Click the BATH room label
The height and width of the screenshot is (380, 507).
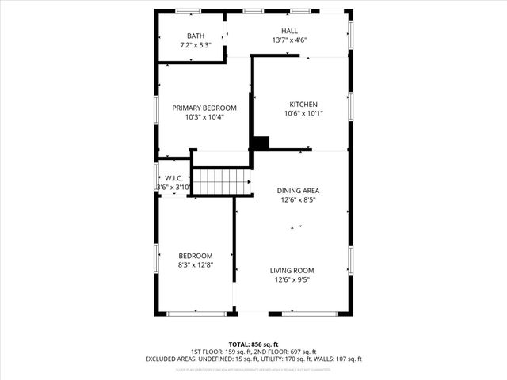[195, 36]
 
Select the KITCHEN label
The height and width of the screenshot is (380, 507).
[303, 104]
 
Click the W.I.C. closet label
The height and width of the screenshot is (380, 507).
[173, 178]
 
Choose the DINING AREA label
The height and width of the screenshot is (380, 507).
[299, 191]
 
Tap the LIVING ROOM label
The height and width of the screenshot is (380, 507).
[292, 270]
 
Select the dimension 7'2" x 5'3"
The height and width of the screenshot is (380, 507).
[195, 45]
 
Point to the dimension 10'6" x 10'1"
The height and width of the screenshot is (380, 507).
[303, 113]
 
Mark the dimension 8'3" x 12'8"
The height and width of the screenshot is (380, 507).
[196, 264]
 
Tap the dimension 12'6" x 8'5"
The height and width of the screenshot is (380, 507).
[299, 200]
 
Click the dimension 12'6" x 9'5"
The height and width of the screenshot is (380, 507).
[292, 279]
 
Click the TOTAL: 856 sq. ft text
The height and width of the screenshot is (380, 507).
[253, 344]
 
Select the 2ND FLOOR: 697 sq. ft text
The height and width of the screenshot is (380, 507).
[286, 351]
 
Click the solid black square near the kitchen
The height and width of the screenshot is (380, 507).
[261, 142]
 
